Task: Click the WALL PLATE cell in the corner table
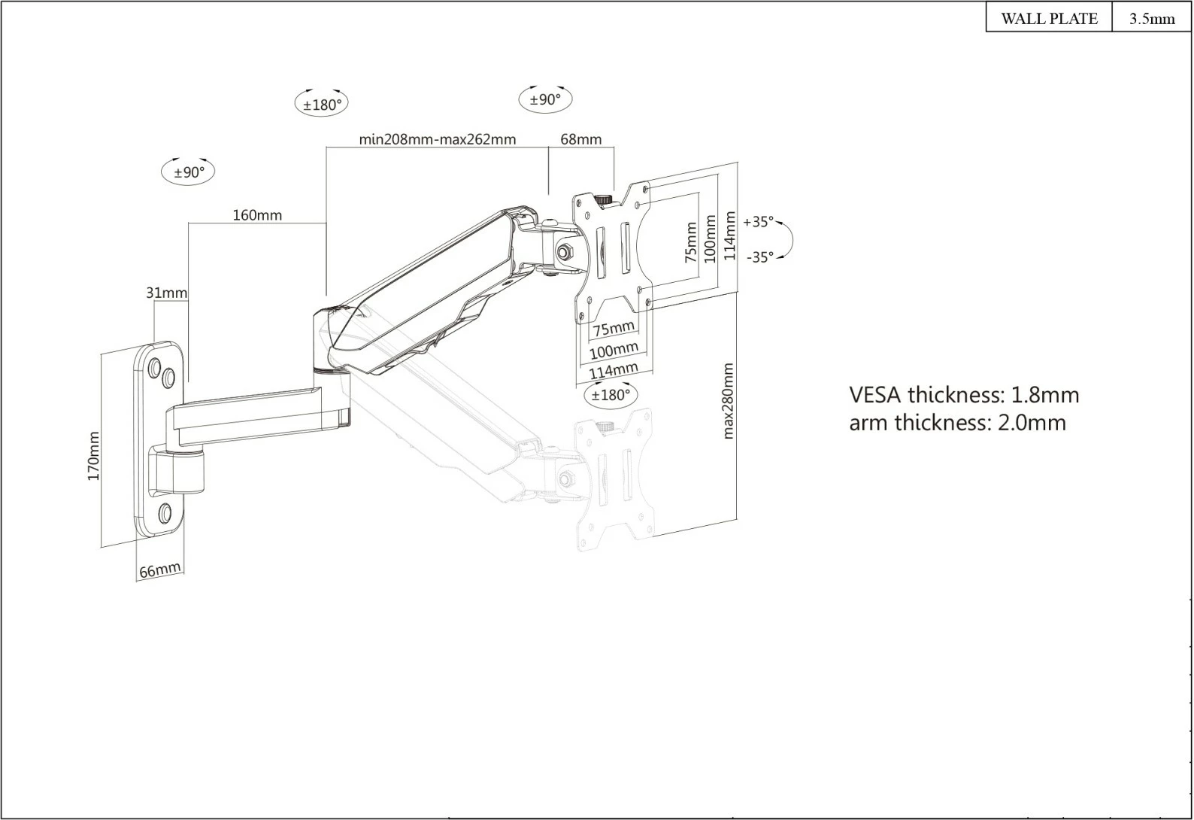(x=1048, y=19)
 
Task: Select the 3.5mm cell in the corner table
(x=1151, y=19)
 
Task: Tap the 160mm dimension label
(x=257, y=215)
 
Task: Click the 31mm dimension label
(x=166, y=292)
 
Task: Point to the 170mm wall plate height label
(x=94, y=456)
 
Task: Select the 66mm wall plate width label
(x=160, y=570)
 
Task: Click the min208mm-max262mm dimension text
(x=437, y=139)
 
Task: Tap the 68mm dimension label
(x=581, y=139)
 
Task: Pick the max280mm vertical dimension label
(x=728, y=401)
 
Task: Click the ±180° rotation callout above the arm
(x=322, y=105)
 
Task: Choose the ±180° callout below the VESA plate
(x=610, y=395)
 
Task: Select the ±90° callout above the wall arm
(x=189, y=172)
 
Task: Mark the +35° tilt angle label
(x=758, y=222)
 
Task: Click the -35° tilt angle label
(x=759, y=257)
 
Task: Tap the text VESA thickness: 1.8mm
(x=963, y=395)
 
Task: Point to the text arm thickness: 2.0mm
(x=957, y=423)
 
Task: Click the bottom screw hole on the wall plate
(x=165, y=515)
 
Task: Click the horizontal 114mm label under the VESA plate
(x=613, y=371)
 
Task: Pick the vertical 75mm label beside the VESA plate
(x=691, y=241)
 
